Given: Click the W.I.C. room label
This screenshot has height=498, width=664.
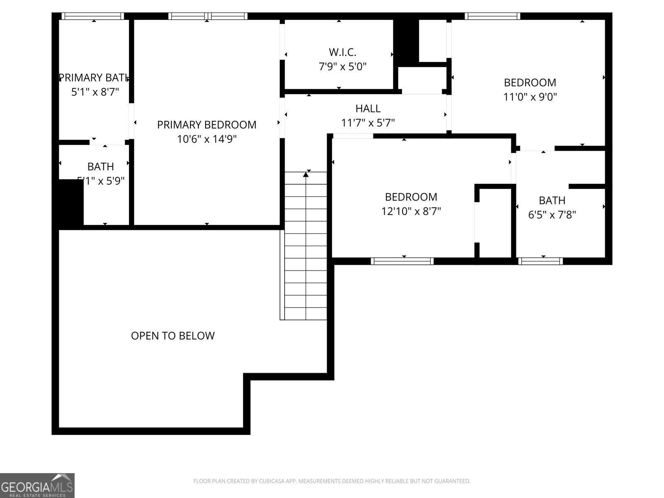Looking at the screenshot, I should pyautogui.click(x=342, y=52).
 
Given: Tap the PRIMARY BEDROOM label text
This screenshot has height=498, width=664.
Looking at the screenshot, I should pyautogui.click(x=207, y=124).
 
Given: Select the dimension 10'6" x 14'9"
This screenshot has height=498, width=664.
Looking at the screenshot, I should pyautogui.click(x=207, y=139).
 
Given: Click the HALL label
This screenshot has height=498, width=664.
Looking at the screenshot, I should pyautogui.click(x=368, y=109).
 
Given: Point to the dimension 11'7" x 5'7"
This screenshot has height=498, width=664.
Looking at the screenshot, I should pyautogui.click(x=368, y=123).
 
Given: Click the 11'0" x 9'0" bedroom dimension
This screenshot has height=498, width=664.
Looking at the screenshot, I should pyautogui.click(x=530, y=97).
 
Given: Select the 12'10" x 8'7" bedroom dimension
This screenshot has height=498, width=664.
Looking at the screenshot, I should pyautogui.click(x=411, y=211).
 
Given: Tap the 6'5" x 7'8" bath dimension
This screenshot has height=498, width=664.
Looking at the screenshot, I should pyautogui.click(x=552, y=215).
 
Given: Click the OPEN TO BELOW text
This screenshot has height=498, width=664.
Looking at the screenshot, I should pyautogui.click(x=173, y=336).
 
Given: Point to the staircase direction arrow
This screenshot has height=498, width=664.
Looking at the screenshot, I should pyautogui.click(x=306, y=175).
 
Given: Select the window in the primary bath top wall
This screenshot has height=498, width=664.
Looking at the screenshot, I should pyautogui.click(x=93, y=16).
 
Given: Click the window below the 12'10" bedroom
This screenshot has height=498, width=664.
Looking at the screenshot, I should pyautogui.click(x=402, y=261).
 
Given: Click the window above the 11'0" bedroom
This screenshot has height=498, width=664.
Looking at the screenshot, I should pyautogui.click(x=492, y=16).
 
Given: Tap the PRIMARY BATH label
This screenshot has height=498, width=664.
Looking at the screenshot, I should pyautogui.click(x=94, y=78).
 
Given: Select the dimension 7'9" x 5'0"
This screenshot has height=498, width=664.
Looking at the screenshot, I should pyautogui.click(x=342, y=66).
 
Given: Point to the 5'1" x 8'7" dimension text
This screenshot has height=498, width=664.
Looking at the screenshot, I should pyautogui.click(x=95, y=92).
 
